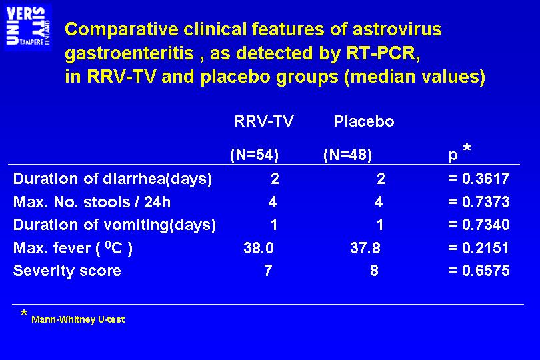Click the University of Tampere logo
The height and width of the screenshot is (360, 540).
click(x=28, y=27)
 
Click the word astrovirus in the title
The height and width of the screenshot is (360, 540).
click(x=397, y=29)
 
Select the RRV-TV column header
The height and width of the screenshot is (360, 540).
click(x=264, y=121)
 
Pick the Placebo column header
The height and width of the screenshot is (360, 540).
click(x=364, y=121)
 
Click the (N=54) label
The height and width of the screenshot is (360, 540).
click(x=254, y=155)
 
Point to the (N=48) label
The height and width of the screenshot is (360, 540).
click(x=348, y=155)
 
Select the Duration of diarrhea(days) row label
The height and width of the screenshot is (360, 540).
click(x=112, y=179)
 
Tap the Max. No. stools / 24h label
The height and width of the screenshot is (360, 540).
click(x=92, y=202)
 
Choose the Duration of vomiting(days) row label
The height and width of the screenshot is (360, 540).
click(x=115, y=225)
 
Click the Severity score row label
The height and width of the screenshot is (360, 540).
click(x=67, y=271)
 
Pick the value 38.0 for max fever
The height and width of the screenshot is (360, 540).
click(x=259, y=248)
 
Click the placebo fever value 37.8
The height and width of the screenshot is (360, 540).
click(x=365, y=248)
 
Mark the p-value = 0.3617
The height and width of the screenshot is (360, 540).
click(x=479, y=179)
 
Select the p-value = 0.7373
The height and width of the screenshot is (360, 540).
click(x=479, y=202)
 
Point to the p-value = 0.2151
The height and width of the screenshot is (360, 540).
click(x=479, y=248)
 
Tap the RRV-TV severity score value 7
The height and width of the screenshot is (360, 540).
click(x=268, y=271)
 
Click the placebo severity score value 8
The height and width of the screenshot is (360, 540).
click(x=375, y=271)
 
